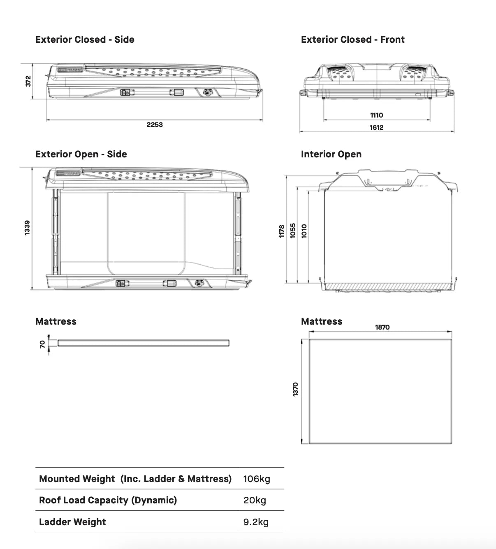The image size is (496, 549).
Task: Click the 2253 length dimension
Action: click(155, 125)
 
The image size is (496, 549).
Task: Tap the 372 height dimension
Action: click(28, 81)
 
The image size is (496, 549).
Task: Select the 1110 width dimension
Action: click(376, 115)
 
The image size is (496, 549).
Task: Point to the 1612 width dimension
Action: click(376, 127)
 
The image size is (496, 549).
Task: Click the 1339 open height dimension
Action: click(27, 228)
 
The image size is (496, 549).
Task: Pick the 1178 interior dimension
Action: click(282, 231)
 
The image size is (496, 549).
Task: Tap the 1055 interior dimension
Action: click(293, 231)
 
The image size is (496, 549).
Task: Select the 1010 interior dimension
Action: click(304, 231)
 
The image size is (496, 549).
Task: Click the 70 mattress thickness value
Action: click(42, 344)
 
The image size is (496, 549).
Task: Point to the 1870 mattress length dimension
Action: click(382, 327)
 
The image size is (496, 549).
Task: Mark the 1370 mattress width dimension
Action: click(295, 390)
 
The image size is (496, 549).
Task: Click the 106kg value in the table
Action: click(257, 479)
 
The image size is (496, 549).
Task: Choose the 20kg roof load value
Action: click(255, 500)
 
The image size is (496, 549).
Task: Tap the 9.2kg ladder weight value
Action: click(256, 522)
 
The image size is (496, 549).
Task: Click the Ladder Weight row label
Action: click(72, 522)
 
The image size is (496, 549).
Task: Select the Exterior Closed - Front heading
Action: click(352, 39)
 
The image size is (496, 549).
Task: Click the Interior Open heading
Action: click(331, 154)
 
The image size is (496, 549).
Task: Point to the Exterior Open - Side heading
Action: click(81, 154)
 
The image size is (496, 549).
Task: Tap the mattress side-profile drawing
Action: click(143, 343)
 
